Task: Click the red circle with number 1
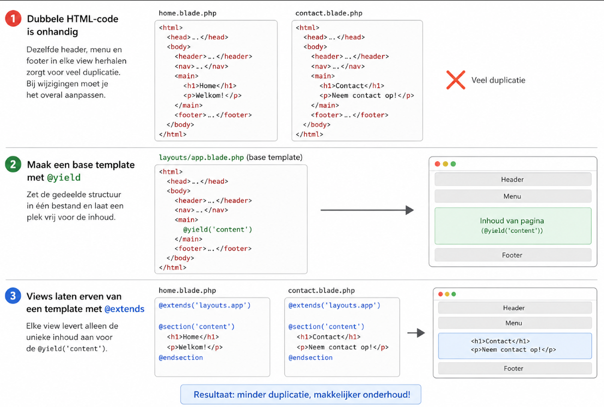pyautogui.click(x=13, y=18)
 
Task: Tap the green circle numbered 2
pyautogui.click(x=13, y=164)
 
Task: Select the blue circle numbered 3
pyautogui.click(x=13, y=296)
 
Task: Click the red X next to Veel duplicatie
pyautogui.click(x=456, y=80)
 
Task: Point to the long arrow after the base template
pyautogui.click(x=367, y=210)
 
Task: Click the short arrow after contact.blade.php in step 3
pyautogui.click(x=416, y=333)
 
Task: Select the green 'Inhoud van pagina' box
pyautogui.click(x=513, y=226)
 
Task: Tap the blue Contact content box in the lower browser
pyautogui.click(x=515, y=346)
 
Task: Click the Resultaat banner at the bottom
pyautogui.click(x=301, y=395)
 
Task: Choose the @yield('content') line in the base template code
pyautogui.click(x=217, y=229)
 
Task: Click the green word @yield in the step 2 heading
pyautogui.click(x=64, y=177)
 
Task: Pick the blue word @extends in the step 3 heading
pyautogui.click(x=124, y=309)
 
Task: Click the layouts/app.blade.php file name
pyautogui.click(x=201, y=157)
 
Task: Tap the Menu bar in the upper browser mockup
pyautogui.click(x=513, y=196)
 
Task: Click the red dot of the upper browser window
pyautogui.click(x=437, y=164)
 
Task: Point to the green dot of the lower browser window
pyautogui.click(x=453, y=294)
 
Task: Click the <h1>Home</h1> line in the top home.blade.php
pyautogui.click(x=210, y=86)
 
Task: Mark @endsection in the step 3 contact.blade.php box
pyautogui.click(x=310, y=358)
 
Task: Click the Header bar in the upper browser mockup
pyautogui.click(x=513, y=179)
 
